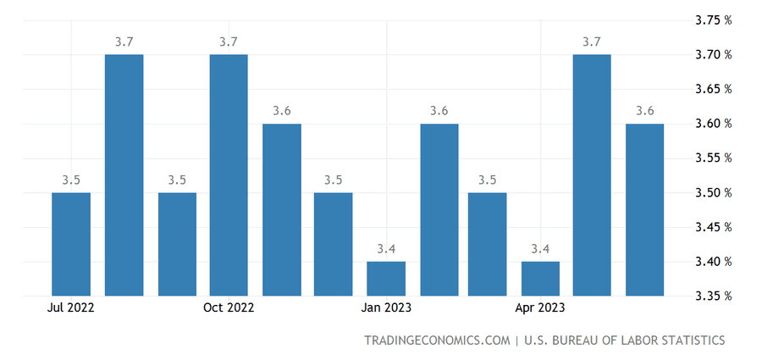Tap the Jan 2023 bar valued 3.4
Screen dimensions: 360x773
pyautogui.click(x=386, y=279)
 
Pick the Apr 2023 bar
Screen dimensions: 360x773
pyautogui.click(x=540, y=279)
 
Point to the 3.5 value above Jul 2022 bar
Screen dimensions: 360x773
pyautogui.click(x=71, y=180)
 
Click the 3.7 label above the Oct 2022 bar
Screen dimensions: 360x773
pyautogui.click(x=229, y=42)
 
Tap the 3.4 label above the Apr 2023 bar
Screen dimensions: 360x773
pyautogui.click(x=540, y=249)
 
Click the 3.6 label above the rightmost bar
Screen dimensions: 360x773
pyautogui.click(x=644, y=111)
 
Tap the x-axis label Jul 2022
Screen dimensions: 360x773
pyautogui.click(x=72, y=308)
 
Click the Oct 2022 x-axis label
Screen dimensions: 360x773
pyautogui.click(x=229, y=308)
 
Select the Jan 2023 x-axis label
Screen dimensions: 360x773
pyautogui.click(x=386, y=308)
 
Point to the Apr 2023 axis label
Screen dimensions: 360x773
pyautogui.click(x=540, y=308)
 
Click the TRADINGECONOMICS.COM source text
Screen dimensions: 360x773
pyautogui.click(x=435, y=341)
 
